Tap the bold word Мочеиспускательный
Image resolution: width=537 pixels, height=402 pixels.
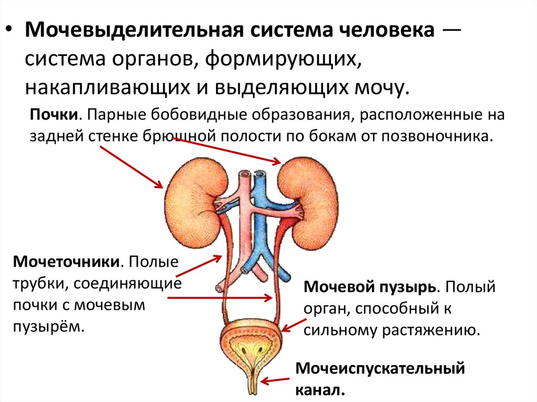(380, 368)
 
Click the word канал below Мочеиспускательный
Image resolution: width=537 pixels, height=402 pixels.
(320, 390)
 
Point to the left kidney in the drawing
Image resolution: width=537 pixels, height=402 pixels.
(189, 204)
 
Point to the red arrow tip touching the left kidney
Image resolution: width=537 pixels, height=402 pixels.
(160, 185)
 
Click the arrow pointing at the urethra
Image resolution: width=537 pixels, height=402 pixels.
(276, 381)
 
